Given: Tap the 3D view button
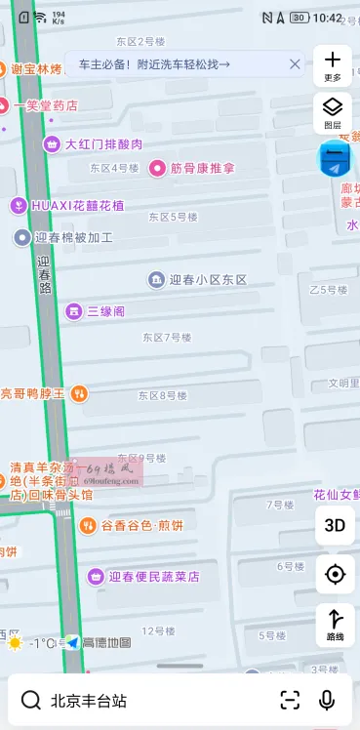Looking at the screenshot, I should tap(335, 525).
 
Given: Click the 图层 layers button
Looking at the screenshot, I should tap(333, 112).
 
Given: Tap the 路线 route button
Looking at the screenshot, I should tap(335, 624).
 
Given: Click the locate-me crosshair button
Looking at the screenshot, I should tap(335, 574).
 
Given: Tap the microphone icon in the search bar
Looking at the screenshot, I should tap(327, 700).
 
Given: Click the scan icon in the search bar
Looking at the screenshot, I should tap(290, 700).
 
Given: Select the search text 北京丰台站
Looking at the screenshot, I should tap(89, 701).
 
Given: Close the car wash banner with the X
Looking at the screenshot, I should tap(295, 64).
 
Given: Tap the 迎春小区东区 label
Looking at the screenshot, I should tap(208, 280).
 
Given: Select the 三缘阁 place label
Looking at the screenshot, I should tap(105, 311).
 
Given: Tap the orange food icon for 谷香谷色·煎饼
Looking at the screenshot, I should tap(88, 525).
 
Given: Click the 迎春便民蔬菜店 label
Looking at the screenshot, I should tap(154, 577).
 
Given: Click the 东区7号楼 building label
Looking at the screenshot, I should tap(166, 338).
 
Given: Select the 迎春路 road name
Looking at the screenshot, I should tap(44, 274).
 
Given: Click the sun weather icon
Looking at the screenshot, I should tap(15, 643).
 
